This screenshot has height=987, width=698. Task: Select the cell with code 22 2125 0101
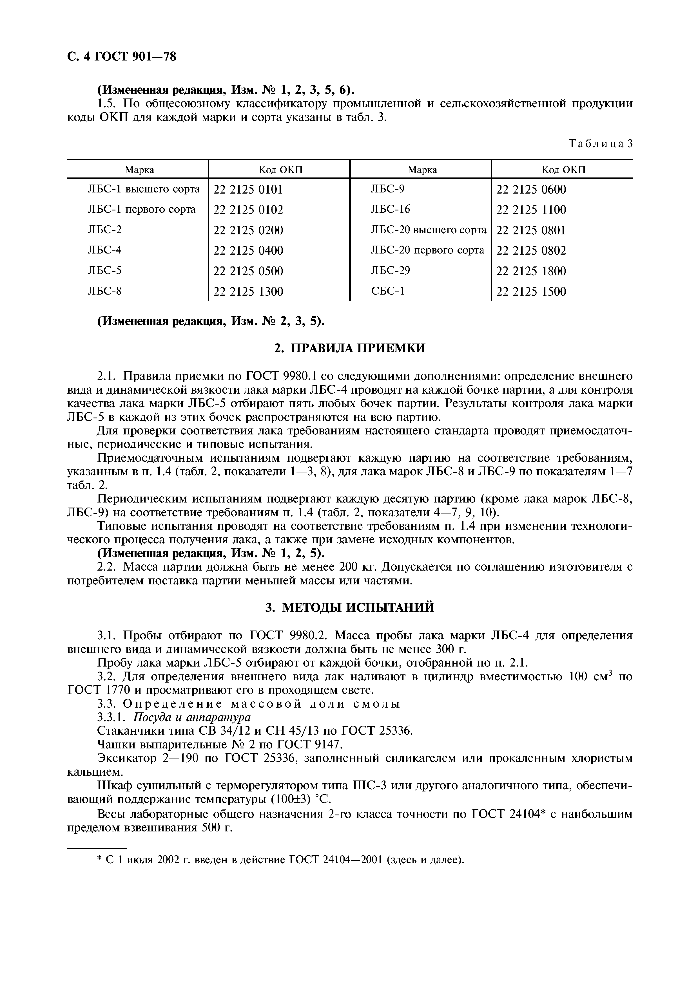pos(248,190)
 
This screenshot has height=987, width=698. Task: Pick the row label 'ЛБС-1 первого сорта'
pos(142,209)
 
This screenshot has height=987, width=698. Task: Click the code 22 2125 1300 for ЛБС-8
pos(248,292)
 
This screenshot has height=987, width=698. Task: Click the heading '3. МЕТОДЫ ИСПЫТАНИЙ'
pos(349,607)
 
